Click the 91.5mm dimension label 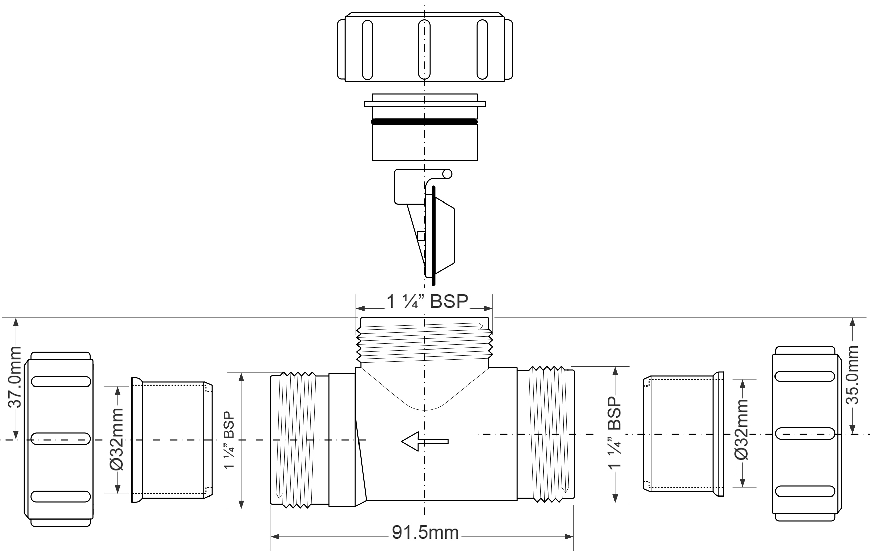[x=425, y=532]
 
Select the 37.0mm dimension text [x=15, y=377]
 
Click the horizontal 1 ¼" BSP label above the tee [x=427, y=301]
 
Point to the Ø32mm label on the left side [x=117, y=439]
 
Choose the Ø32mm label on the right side [x=742, y=429]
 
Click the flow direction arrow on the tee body [x=424, y=441]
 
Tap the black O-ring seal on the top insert [x=424, y=122]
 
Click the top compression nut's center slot [x=424, y=49]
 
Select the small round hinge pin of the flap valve [x=447, y=174]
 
